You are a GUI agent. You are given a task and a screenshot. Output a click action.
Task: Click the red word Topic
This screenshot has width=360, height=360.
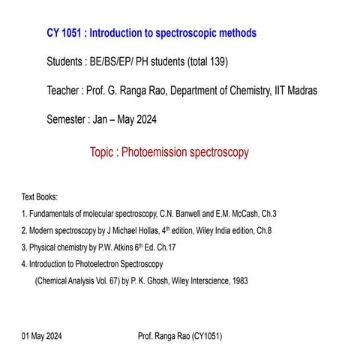tap(104, 152)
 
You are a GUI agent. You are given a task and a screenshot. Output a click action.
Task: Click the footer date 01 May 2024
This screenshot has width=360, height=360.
tap(42, 337)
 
